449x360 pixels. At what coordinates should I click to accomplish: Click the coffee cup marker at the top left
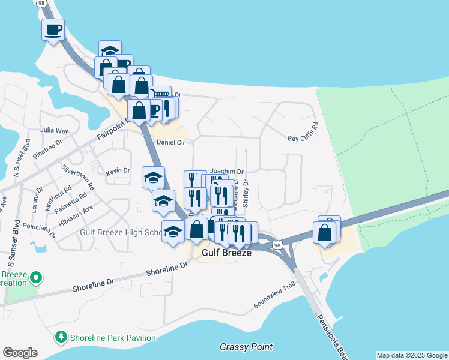53,29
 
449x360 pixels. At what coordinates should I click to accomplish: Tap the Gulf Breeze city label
226,253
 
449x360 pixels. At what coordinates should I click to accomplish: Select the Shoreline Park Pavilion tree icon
61,337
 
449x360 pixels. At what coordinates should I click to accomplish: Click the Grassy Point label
246,347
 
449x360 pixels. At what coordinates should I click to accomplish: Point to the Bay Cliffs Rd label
303,138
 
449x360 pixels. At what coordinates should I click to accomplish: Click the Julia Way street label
54,130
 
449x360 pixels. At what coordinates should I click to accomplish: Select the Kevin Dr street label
118,171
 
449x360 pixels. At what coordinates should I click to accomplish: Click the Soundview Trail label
275,296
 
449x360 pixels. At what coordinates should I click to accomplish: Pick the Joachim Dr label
226,171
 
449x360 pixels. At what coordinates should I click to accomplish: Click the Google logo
20,352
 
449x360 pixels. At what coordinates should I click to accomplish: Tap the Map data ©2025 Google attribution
412,355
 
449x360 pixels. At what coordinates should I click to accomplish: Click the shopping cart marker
160,94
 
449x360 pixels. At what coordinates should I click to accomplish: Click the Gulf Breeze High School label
128,232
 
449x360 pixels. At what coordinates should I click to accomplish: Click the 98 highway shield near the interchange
276,245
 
